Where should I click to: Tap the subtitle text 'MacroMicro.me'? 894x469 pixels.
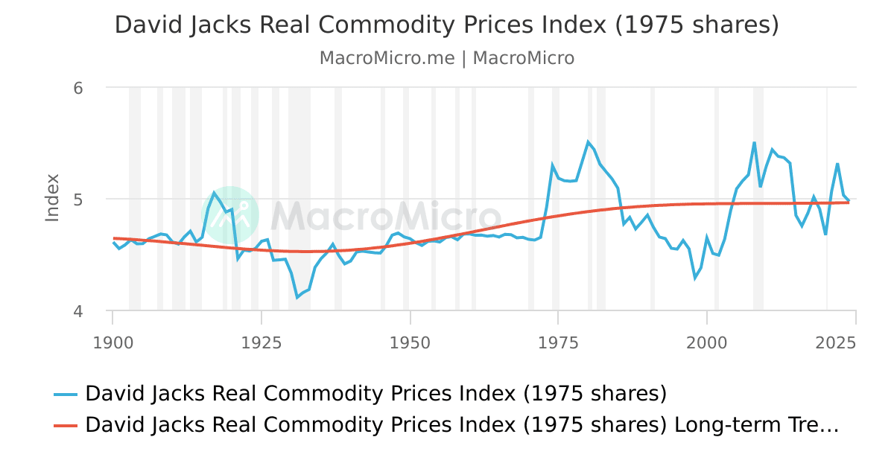coord(387,58)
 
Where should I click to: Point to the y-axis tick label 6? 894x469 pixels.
coord(78,88)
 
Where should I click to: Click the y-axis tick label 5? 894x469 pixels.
coord(78,200)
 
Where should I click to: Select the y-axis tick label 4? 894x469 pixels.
coord(78,311)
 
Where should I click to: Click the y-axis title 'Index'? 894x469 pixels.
coord(52,197)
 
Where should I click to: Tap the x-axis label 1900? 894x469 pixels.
coord(113,343)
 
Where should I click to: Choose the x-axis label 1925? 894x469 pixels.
coord(261,343)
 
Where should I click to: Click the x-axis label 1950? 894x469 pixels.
coord(410,343)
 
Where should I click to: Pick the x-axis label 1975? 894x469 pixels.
coord(559,343)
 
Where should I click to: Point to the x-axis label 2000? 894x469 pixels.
coord(707,343)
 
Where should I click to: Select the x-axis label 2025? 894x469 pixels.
coord(835,343)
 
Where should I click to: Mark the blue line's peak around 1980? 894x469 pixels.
coord(588,141)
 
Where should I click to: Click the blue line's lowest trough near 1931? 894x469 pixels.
coord(297,298)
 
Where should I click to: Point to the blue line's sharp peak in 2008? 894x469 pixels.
coord(754,142)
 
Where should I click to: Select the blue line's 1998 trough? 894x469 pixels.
coord(695,278)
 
